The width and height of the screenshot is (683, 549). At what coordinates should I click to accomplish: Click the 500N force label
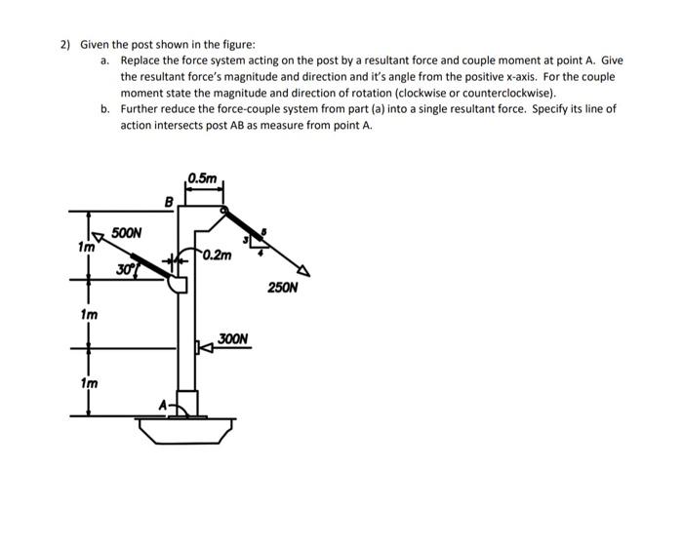tap(127, 233)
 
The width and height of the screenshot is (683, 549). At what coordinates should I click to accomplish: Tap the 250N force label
tap(282, 288)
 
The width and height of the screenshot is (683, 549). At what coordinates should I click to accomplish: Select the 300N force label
tap(234, 339)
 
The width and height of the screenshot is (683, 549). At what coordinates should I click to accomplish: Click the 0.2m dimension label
tap(219, 255)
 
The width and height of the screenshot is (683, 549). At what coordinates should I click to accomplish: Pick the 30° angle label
tap(124, 269)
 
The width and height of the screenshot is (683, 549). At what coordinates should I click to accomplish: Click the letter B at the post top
tap(169, 202)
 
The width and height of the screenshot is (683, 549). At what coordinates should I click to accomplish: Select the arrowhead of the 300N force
tap(201, 346)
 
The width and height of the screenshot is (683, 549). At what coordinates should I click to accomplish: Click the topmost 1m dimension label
tap(86, 248)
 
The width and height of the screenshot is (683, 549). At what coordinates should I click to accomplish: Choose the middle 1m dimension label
tap(88, 315)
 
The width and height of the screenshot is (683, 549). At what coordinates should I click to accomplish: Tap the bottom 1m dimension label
tap(88, 383)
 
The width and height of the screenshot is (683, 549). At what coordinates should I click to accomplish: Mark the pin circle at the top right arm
tap(224, 209)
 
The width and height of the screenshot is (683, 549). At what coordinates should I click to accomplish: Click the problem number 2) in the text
tap(64, 45)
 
